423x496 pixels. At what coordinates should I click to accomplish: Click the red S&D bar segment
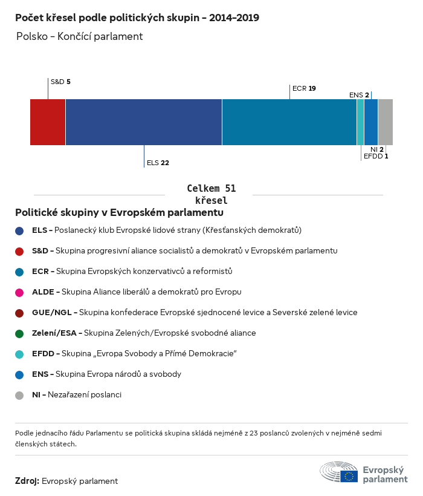tap(48, 122)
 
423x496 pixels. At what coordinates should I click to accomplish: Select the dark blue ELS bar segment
tap(144, 122)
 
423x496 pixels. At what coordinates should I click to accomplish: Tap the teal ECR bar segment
tap(289, 122)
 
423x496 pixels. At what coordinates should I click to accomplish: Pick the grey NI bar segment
tap(386, 122)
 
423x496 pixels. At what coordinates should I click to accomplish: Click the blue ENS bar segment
tap(371, 122)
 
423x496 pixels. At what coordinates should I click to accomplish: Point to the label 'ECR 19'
tap(304, 88)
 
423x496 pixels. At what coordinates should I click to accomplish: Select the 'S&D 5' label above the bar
tap(60, 81)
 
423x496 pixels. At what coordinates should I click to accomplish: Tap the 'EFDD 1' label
tap(375, 156)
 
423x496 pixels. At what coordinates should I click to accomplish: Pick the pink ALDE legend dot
tap(19, 292)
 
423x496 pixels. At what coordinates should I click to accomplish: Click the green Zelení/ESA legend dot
tap(19, 333)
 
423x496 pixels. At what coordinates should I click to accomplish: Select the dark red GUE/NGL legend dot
tap(19, 313)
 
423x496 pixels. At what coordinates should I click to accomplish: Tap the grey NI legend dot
tap(19, 395)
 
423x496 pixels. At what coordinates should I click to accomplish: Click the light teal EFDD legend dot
tap(19, 354)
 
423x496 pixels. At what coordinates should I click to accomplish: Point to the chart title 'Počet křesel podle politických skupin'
tap(137, 18)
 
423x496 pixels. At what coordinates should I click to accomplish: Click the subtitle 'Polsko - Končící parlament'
tap(79, 36)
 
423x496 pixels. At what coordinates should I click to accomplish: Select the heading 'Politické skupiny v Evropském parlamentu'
tap(119, 213)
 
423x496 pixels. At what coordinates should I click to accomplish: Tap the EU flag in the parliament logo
tap(349, 476)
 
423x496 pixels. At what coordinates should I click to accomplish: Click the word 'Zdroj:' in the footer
tap(27, 481)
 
